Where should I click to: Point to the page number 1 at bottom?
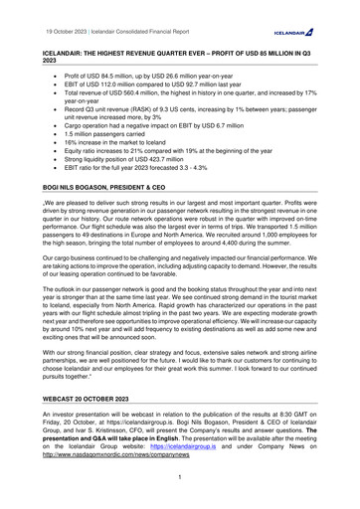[179, 477]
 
